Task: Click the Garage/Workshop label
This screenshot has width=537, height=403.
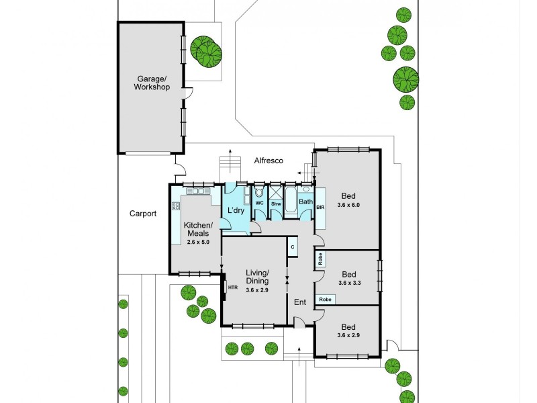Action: pos(151,83)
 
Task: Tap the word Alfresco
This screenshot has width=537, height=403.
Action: pos(268,161)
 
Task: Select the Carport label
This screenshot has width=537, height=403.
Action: pos(143,214)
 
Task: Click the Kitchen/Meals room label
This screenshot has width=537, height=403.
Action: pos(199,228)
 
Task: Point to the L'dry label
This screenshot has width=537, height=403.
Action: pos(236,211)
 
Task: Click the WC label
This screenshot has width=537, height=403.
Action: pos(259,202)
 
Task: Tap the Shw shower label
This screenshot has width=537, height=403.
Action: pos(275,203)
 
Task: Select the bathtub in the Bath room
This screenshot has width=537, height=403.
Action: pos(292,201)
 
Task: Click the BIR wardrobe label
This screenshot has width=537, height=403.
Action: pos(320,208)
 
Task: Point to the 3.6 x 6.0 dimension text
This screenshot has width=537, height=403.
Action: pos(348,205)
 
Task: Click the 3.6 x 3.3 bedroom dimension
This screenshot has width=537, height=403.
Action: pos(348,283)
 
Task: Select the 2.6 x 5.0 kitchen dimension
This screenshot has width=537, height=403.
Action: pos(199,242)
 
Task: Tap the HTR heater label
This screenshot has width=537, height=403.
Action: pos(233,287)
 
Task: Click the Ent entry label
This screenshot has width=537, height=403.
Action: pos(300,302)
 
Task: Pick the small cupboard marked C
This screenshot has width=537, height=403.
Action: pos(293,247)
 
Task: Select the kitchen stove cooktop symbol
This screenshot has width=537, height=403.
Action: pos(177,207)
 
